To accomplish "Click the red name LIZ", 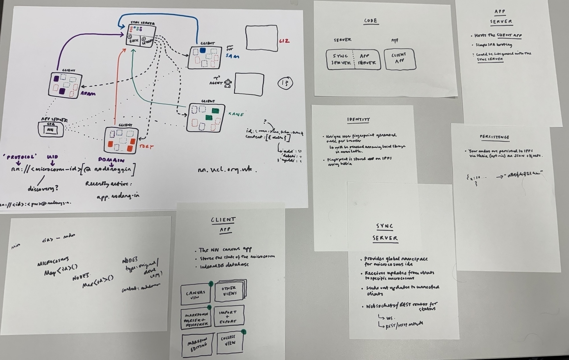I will click(284, 41).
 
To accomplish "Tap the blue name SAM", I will click(232, 56).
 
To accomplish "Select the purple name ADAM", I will click(88, 94).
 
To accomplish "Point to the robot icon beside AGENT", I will click(227, 83).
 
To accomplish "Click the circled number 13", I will click(285, 83).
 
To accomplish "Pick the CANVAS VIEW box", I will click(195, 295).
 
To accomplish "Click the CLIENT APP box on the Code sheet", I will click(399, 59).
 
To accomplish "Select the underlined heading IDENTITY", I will click(358, 119).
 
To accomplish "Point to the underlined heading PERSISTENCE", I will click(494, 137).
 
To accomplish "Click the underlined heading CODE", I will click(370, 21).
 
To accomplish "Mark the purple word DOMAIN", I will click(111, 160).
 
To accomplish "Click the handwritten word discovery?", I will click(43, 188).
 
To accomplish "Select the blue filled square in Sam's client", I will click(203, 51).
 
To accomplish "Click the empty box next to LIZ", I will click(262, 38).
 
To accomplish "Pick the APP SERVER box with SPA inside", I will click(51, 129).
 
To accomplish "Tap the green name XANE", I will click(236, 114).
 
